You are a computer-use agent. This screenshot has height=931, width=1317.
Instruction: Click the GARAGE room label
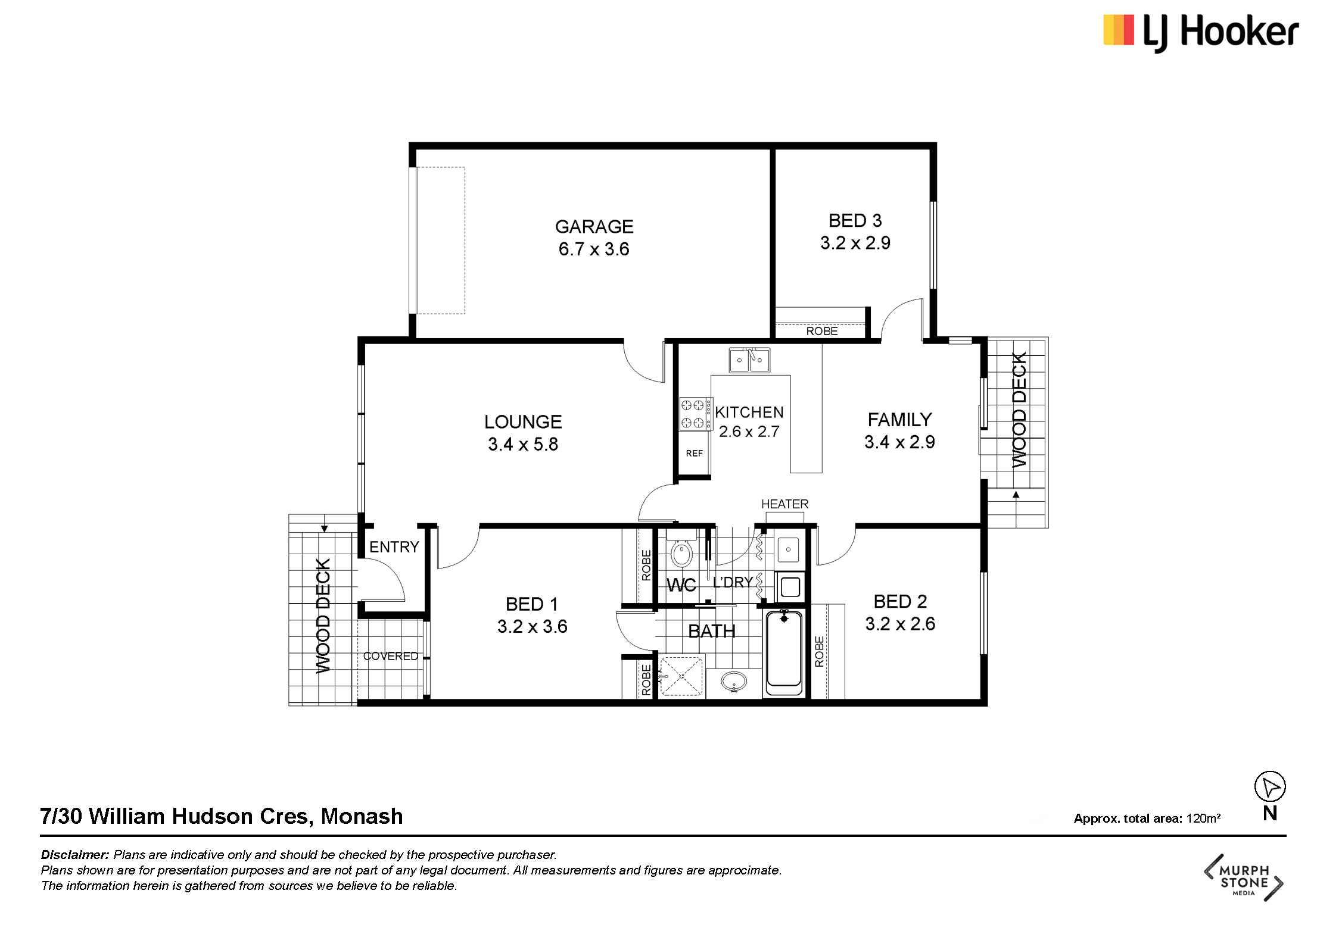click(x=594, y=227)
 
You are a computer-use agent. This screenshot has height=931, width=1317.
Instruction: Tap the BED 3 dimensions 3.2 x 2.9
click(x=855, y=243)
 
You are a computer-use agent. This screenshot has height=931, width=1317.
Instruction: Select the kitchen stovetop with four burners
click(x=696, y=414)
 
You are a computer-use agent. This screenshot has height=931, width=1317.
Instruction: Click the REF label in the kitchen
click(x=694, y=454)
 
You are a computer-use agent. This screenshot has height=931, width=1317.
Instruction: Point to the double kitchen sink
click(x=749, y=360)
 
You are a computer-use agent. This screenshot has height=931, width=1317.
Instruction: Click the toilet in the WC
click(x=681, y=549)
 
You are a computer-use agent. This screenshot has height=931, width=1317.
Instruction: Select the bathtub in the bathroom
click(x=784, y=651)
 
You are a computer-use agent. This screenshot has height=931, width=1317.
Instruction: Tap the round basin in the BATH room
click(x=734, y=681)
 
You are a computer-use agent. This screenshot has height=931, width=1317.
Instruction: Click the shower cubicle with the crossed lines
click(x=681, y=676)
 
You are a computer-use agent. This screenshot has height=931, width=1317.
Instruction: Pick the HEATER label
click(x=784, y=504)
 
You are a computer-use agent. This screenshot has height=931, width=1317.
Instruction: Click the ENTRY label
click(x=394, y=547)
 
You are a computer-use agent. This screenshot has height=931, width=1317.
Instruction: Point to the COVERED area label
click(x=391, y=656)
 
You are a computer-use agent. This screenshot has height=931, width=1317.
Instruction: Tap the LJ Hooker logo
click(x=1201, y=32)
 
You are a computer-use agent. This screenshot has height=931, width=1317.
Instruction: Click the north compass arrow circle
click(x=1270, y=787)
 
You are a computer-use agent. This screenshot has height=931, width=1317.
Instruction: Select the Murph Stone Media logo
click(x=1244, y=877)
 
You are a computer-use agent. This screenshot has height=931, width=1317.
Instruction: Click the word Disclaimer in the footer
click(x=75, y=855)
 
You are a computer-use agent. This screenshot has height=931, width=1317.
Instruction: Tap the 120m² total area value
click(x=1203, y=818)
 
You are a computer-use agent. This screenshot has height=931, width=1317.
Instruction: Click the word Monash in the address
click(x=362, y=816)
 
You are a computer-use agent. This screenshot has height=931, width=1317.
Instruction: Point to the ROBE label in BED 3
click(x=821, y=331)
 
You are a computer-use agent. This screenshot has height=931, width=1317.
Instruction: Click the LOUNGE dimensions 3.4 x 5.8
click(x=523, y=445)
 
